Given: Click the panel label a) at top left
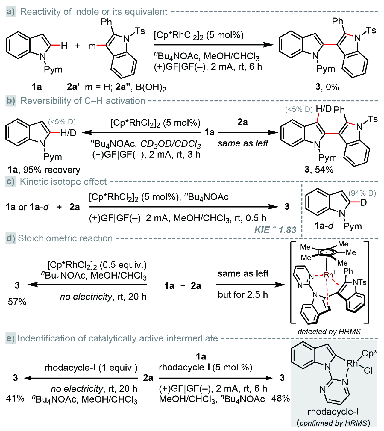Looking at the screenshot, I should [x=10, y=12].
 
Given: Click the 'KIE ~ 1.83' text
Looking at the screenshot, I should [x=275, y=230].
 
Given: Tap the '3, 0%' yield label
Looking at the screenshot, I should [x=327, y=87].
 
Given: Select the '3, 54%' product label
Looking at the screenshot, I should [x=319, y=170].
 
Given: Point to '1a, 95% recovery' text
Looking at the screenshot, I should [x=44, y=170].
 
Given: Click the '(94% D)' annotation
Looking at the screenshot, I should [x=362, y=193].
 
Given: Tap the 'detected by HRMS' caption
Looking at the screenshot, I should [x=329, y=332].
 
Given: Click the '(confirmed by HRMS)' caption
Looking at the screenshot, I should [x=333, y=423].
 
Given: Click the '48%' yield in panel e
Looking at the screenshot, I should [x=280, y=399].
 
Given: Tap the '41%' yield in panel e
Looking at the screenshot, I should [x=15, y=399].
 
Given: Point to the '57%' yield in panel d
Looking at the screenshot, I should [x=17, y=302].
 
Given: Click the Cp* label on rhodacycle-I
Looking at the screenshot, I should [x=369, y=354].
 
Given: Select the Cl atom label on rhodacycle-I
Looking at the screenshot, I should [x=368, y=371].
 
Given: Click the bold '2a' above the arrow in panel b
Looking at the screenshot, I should [x=242, y=122].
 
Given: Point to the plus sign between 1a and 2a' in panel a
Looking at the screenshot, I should [x=77, y=46].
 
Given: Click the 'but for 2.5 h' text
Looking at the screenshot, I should [x=243, y=295].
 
